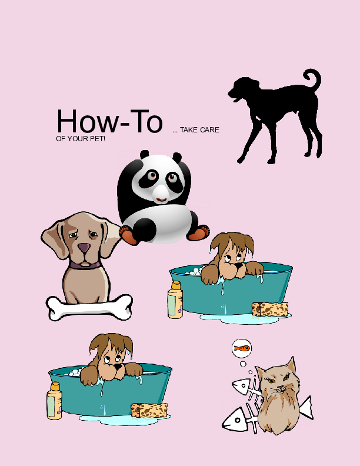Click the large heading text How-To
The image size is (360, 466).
coord(109,121)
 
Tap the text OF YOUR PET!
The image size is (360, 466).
coord(80,139)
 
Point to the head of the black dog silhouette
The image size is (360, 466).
coord(241,89)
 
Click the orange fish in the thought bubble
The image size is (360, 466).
coord(242,348)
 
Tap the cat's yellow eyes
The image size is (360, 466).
coord(279,381)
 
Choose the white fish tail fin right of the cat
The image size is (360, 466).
coord(305,407)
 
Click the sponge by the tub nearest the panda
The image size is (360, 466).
coord(270,309)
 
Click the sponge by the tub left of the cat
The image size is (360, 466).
coord(149,410)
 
